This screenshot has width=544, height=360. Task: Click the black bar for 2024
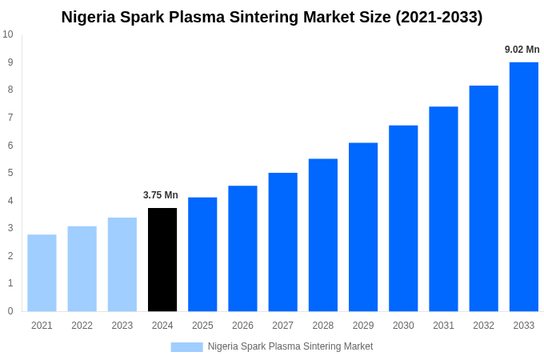point(162,259)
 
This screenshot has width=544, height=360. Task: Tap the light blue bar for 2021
point(42,273)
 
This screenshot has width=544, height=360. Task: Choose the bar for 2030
point(403,218)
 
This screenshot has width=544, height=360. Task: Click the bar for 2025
point(202,254)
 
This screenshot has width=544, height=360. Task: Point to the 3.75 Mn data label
point(161,195)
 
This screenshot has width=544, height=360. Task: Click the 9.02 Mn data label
point(522,50)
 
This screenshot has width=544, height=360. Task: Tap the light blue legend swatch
point(186,346)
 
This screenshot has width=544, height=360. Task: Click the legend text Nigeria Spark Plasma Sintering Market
point(290,346)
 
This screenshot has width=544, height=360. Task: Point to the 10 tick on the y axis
point(8,34)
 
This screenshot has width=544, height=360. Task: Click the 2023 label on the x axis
point(122,326)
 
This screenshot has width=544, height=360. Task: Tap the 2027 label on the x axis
point(282,326)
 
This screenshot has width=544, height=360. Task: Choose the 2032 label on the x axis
point(483,326)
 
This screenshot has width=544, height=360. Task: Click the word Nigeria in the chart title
point(90,17)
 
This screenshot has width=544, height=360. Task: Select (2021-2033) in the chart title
point(438,17)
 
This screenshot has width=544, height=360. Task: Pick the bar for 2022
point(82,269)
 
